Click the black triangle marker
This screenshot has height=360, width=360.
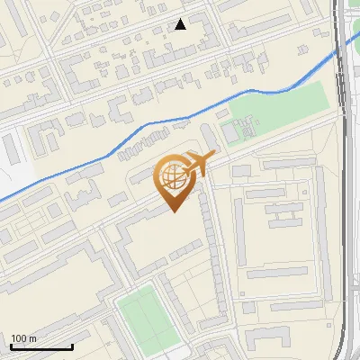tap(181, 24)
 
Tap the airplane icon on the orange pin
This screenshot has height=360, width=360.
tap(196, 164)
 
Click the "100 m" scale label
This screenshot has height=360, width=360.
tap(24, 338)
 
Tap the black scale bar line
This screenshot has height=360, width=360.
tap(41, 347)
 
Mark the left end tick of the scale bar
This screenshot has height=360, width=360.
tap(11, 346)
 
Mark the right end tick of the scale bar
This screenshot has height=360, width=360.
tap(72, 346)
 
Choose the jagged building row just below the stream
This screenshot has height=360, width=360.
tap(144, 141)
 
